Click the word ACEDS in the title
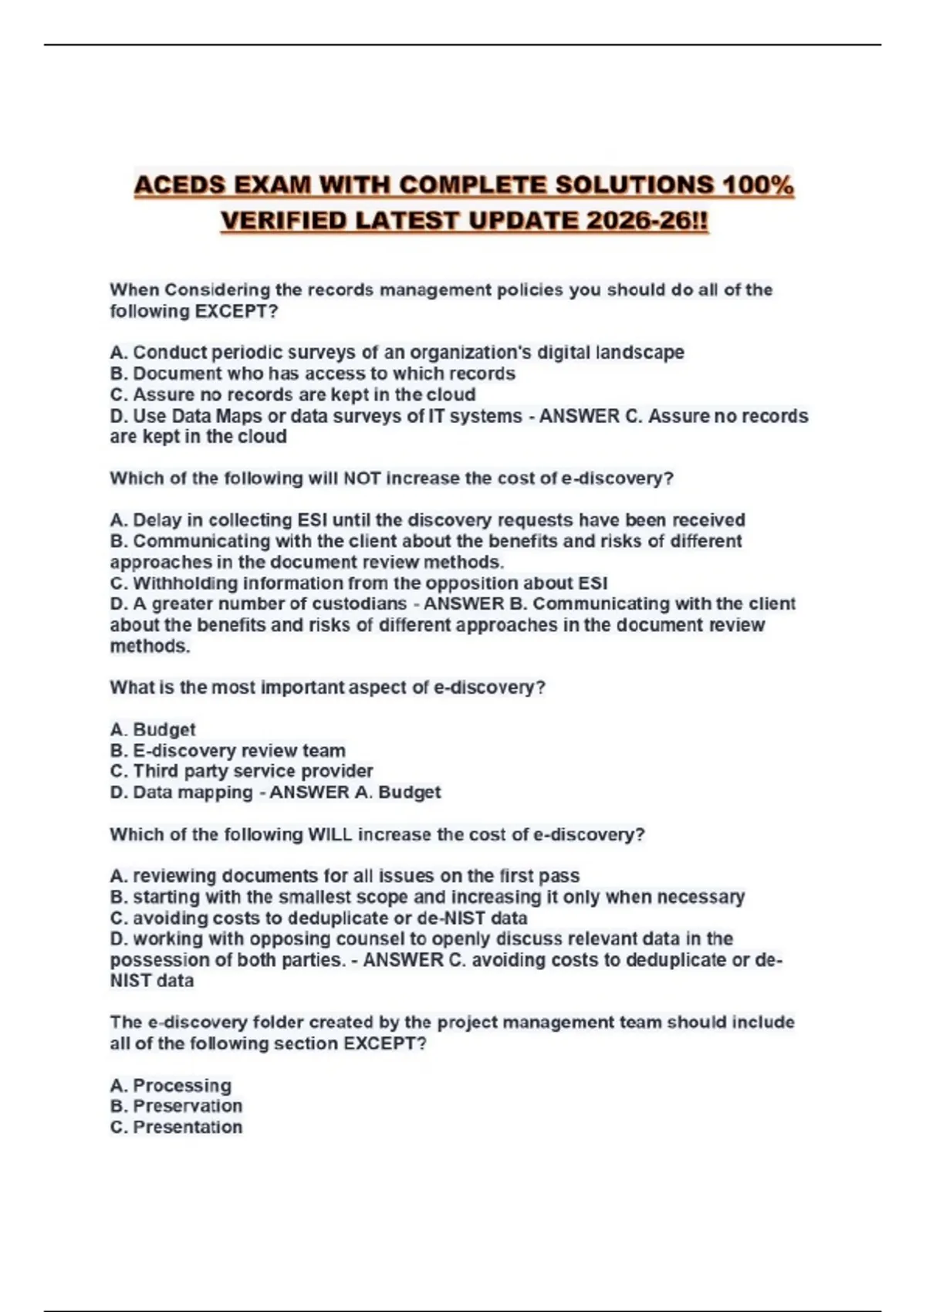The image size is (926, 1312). tap(179, 186)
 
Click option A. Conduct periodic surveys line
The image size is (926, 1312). tap(397, 353)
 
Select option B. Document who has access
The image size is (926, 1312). tap(313, 374)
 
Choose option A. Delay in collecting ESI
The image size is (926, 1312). tap(427, 520)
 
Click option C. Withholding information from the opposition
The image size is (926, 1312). tap(359, 583)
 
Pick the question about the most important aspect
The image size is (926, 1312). tap(327, 688)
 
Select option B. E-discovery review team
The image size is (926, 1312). tap(228, 751)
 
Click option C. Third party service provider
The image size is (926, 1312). tap(242, 772)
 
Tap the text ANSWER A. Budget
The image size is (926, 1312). tap(355, 793)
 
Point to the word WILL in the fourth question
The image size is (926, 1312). tap(330, 835)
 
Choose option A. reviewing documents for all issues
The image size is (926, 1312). tap(344, 877)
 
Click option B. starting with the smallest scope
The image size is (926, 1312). tap(427, 898)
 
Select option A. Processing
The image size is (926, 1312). tap(171, 1086)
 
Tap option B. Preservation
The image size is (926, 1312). tap(176, 1107)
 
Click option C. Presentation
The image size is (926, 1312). tap(176, 1128)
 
